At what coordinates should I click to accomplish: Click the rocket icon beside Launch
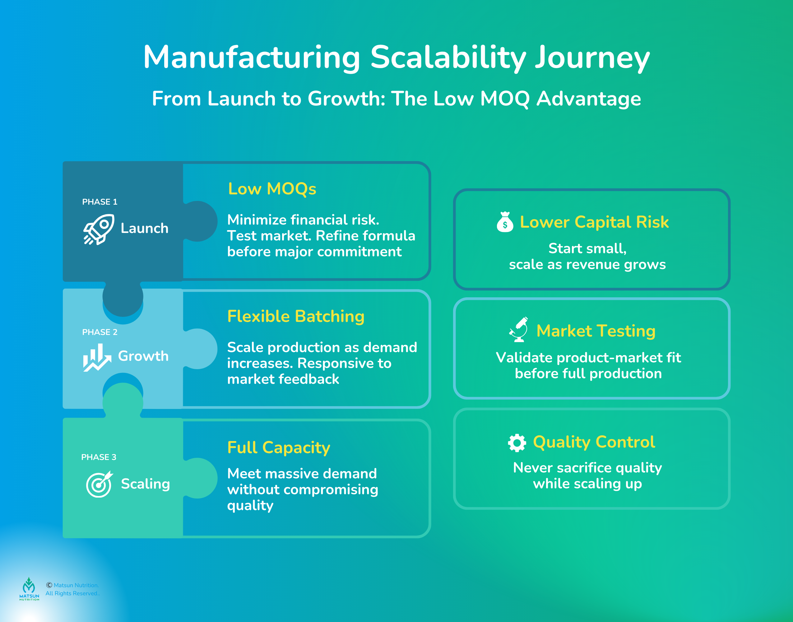coord(98,229)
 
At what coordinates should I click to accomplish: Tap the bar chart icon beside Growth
coord(97,358)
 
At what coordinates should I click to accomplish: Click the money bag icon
coord(505,222)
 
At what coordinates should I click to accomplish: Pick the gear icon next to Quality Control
coord(517,443)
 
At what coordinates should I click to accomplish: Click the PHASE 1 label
coord(100,202)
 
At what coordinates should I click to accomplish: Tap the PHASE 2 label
coord(100,332)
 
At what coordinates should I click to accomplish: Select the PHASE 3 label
coord(99,457)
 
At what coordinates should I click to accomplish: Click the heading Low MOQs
coord(272,189)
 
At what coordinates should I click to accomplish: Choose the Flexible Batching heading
coord(296,316)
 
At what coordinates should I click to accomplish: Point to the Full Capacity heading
coord(279,447)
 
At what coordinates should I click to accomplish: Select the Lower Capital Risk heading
coord(594,222)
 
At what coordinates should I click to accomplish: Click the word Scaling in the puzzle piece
coord(145,484)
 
